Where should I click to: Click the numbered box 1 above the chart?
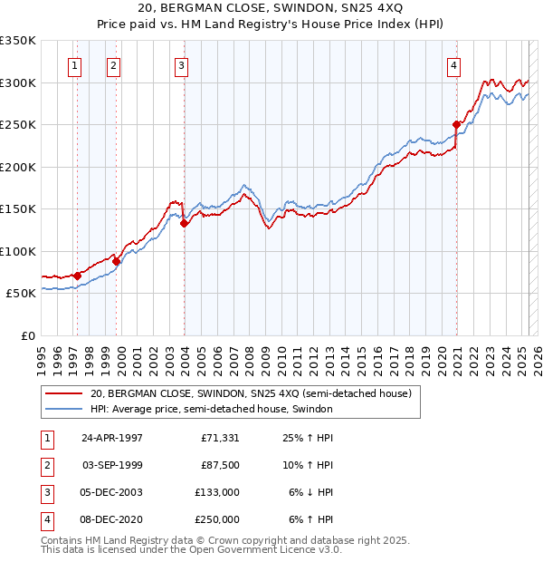[73, 64]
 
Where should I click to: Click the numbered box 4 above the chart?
[452, 64]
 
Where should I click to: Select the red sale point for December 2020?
[457, 125]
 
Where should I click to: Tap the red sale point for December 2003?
[184, 223]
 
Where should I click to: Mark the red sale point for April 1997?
[78, 276]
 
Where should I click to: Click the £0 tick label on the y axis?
[26, 335]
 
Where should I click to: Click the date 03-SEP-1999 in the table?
[112, 465]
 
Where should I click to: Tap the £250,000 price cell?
[217, 519]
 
